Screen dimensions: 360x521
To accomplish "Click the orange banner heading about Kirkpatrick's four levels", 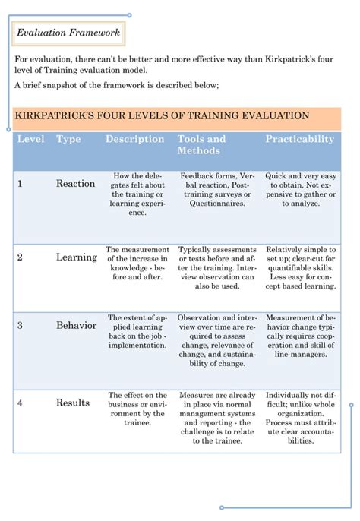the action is [162, 116].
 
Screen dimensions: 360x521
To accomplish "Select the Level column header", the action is [30, 140].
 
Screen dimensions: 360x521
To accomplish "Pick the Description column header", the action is [134, 140].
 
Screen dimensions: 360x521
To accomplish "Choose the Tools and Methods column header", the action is [201, 144].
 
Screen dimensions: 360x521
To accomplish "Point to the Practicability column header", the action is [299, 140].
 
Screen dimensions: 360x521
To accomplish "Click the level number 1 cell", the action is [20, 184].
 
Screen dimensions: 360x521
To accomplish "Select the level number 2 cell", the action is [20, 257].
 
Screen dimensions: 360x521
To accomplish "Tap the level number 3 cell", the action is [20, 326].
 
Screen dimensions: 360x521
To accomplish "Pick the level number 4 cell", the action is [20, 403].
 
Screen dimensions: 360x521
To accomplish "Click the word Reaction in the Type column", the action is [75, 184].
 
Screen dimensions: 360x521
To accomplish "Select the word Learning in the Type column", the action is [76, 257].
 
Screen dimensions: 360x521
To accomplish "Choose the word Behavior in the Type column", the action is [76, 326].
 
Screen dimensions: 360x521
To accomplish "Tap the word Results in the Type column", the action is [73, 403].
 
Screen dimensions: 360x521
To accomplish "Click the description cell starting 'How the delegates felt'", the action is [137, 194].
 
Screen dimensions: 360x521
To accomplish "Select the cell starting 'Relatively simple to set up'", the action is [299, 267].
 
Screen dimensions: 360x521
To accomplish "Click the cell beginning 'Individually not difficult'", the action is [301, 418].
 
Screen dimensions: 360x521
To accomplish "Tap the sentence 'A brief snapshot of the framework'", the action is [116, 85].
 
